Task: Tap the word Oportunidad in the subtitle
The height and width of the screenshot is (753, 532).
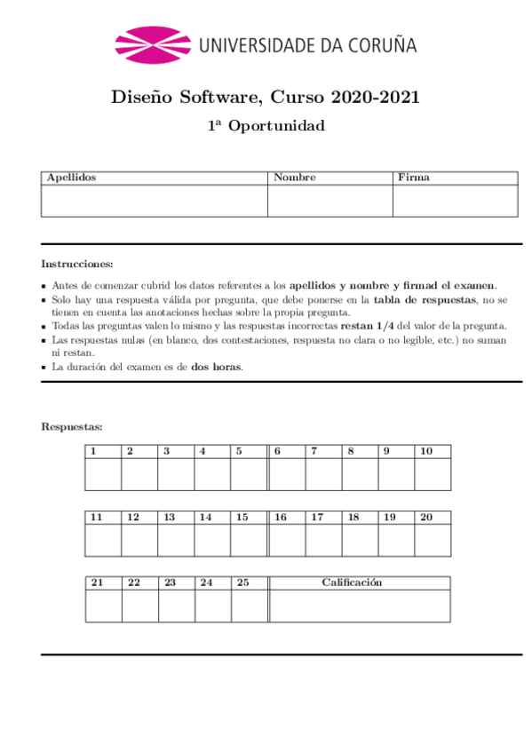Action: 277,126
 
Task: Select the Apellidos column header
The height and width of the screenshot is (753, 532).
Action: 72,178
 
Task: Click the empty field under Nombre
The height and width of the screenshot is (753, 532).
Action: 330,201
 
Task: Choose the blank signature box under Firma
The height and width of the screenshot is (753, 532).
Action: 456,201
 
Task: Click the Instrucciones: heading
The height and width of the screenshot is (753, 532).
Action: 77,264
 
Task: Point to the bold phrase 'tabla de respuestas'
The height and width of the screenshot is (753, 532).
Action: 424,300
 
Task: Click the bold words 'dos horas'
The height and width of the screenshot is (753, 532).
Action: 216,367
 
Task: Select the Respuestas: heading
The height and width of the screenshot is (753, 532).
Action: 72,427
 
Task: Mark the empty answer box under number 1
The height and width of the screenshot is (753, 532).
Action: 103,474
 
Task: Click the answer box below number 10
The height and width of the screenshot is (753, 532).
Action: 433,474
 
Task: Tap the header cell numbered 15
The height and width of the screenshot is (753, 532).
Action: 242,517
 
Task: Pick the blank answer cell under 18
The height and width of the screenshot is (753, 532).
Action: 360,540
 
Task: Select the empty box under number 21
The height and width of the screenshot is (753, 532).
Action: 104,606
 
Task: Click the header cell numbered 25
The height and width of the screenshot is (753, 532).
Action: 242,583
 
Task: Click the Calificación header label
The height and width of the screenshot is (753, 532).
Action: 352,583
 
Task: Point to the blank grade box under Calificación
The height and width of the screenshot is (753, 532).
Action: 360,606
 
